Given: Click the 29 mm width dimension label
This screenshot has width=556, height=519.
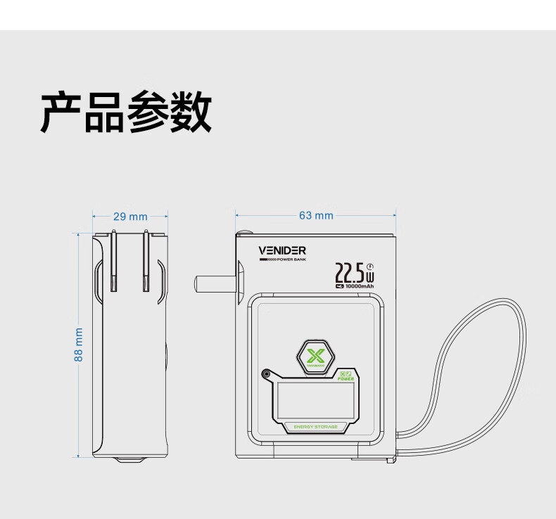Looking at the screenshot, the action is [x=130, y=216].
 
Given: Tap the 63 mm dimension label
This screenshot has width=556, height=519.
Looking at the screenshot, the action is [x=316, y=215].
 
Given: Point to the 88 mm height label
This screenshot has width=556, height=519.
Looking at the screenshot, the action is [x=79, y=345].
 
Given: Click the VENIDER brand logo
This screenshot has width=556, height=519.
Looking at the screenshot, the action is [x=282, y=250].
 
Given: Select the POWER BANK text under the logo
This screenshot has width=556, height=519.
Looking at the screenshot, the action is [x=291, y=259].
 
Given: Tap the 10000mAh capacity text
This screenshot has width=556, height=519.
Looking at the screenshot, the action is [x=359, y=286].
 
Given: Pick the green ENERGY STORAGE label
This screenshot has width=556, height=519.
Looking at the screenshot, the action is [x=315, y=427].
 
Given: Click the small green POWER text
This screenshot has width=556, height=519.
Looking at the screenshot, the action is [x=345, y=378].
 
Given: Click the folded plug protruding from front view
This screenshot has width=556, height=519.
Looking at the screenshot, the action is [x=215, y=283].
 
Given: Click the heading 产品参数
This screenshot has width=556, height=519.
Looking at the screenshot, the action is [x=126, y=112].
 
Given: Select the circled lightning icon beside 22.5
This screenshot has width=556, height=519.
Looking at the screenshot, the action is [x=370, y=265].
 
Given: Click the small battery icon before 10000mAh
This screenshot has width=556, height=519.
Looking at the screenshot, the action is [x=339, y=286].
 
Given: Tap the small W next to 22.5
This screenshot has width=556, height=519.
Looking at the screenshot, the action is [x=370, y=277].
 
